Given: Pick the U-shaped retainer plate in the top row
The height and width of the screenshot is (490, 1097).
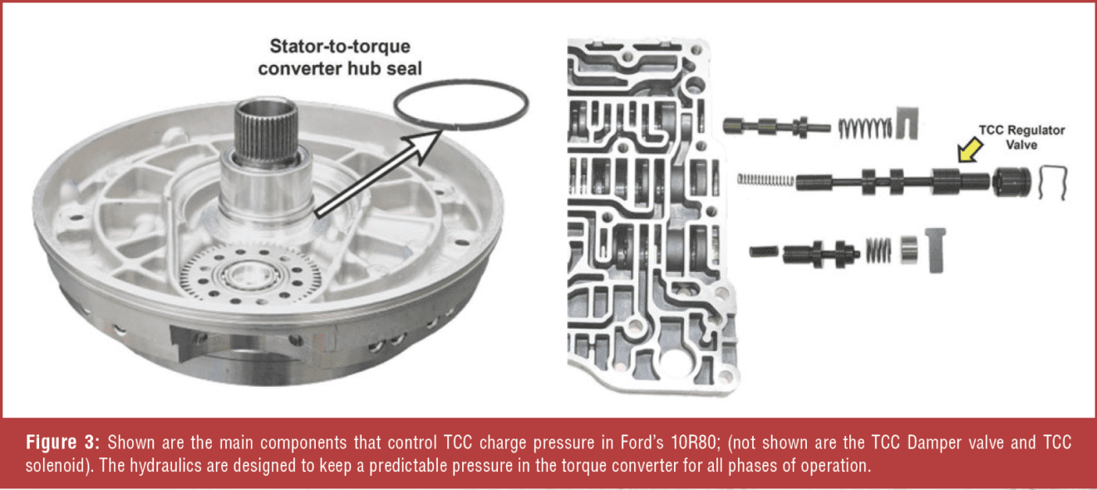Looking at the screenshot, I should click(x=908, y=125).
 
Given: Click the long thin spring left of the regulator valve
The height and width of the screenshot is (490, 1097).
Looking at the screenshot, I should click(x=765, y=179).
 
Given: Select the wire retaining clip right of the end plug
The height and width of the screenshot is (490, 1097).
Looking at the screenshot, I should click(x=1053, y=182).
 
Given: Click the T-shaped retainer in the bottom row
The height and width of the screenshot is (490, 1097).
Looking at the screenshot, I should click(x=934, y=249).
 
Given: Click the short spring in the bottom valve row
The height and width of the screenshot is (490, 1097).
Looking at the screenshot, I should click(x=879, y=248).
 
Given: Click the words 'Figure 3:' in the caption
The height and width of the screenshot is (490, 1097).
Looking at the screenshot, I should click(x=58, y=441).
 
